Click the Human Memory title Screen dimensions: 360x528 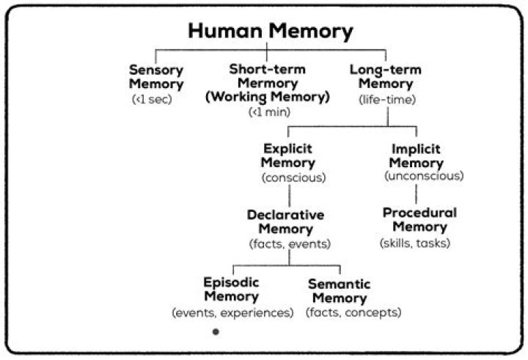pos(271,32)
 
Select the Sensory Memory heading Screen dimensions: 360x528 pos(155,77)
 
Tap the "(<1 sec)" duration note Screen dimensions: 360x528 pos(151,98)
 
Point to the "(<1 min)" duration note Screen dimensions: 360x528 pos(270,111)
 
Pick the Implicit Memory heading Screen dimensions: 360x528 pos(417,155)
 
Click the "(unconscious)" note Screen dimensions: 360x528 pos(423,176)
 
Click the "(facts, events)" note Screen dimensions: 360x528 pos(290,243)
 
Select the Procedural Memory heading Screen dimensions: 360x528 pos(419,220)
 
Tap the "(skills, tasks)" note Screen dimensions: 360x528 pos(414,243)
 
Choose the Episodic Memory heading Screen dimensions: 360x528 pos(231,290)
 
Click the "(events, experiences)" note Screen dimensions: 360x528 pos(232,312)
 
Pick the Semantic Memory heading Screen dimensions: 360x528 pos(338,291)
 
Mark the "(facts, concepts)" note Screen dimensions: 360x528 pos(353,312)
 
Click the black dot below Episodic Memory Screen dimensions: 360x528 pos(215,332)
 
